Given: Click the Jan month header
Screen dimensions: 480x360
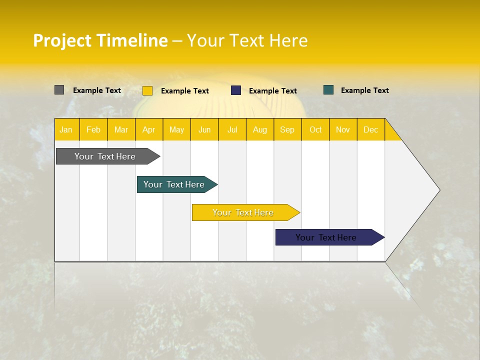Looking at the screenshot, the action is pos(66,130).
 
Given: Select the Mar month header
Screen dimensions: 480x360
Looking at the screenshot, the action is pos(121,130).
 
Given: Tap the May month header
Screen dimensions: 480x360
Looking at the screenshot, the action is pos(176,130).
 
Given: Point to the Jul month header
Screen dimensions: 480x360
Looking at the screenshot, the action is pos(232,130).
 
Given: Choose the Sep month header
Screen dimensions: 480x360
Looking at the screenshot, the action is pos(287,130).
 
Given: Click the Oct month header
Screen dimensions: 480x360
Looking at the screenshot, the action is pos(315,130).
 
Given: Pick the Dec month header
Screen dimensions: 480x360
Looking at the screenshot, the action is pos(370,130).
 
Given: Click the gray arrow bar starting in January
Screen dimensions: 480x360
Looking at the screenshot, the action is pos(108,156).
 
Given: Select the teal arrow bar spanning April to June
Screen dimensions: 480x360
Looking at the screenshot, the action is pos(177,184).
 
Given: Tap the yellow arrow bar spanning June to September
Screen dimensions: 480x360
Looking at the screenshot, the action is pos(246,212).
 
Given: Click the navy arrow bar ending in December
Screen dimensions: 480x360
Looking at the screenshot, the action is pos(330,237).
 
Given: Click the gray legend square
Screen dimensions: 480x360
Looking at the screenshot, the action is pos(59,90).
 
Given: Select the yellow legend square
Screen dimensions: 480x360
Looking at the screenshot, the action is pos(147,90).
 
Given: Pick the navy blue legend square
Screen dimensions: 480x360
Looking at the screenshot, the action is pos(235,90).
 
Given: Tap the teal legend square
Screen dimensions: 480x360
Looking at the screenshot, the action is pos(328,90).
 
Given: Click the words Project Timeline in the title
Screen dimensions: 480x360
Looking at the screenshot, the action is pos(100,40).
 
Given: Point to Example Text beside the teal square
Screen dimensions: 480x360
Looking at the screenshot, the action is pos(365,90).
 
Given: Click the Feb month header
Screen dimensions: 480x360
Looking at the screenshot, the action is pos(93,130).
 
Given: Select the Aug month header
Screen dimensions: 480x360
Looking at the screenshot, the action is pos(260,130).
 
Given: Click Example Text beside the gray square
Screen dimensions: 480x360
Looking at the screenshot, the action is pos(97,90).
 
